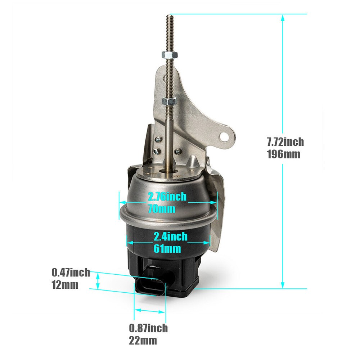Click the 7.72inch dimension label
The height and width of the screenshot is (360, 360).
pyautogui.click(x=285, y=142)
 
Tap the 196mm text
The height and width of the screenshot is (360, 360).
pyautogui.click(x=284, y=154)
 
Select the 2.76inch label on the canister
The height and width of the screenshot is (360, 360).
pyautogui.click(x=167, y=197)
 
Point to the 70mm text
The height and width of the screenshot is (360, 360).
pyautogui.click(x=161, y=208)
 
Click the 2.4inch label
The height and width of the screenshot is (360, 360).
pyautogui.click(x=170, y=237)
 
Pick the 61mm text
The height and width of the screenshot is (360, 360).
pyautogui.click(x=167, y=248)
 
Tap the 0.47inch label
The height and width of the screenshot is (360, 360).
pyautogui.click(x=71, y=273)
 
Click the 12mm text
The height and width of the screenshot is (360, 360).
pyautogui.click(x=65, y=285)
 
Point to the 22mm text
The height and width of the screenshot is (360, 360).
pyautogui.click(x=143, y=340)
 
